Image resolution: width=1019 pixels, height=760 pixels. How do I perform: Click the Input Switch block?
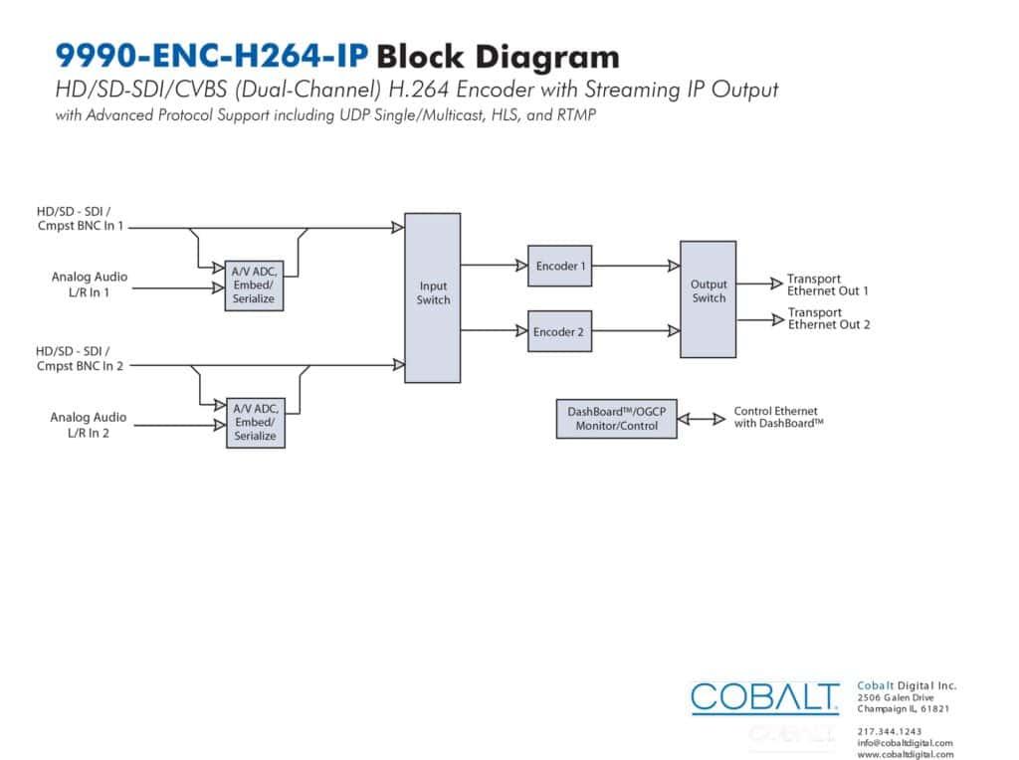pos(433,298)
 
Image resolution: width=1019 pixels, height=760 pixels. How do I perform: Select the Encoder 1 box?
pos(559,266)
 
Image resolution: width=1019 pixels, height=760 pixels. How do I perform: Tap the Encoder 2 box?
pos(559,331)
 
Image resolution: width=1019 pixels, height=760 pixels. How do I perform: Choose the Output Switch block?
pos(709,299)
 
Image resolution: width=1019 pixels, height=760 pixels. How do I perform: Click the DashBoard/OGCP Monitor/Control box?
pos(617,419)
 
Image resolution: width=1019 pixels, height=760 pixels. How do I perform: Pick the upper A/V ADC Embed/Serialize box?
pos(254,285)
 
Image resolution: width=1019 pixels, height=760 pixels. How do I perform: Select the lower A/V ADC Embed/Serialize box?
pos(256,423)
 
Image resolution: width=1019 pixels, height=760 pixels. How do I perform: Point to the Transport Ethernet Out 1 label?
pos(827,285)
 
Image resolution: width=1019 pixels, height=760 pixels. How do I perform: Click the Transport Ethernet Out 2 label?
pos(829,318)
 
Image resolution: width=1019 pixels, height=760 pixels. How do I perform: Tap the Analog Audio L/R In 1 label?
pos(89,285)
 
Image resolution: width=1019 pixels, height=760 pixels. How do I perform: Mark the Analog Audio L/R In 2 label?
pos(89,425)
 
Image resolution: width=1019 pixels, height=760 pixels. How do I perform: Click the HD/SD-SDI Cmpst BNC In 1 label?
pos(80,218)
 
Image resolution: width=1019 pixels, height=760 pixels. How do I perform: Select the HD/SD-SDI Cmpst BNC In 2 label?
pos(80,358)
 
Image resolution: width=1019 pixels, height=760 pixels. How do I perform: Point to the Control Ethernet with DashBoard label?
pos(778,417)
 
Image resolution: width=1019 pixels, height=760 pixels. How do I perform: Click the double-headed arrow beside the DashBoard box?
pos(702,419)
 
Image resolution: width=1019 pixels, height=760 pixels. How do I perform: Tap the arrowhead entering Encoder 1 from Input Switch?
pos(521,265)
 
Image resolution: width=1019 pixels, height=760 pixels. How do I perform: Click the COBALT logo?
pos(765,698)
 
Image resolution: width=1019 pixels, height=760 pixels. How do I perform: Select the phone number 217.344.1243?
pos(889,731)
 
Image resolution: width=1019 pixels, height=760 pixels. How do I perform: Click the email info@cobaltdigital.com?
pos(905,743)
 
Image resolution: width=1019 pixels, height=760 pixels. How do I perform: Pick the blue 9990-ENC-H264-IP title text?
pos(212,56)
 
